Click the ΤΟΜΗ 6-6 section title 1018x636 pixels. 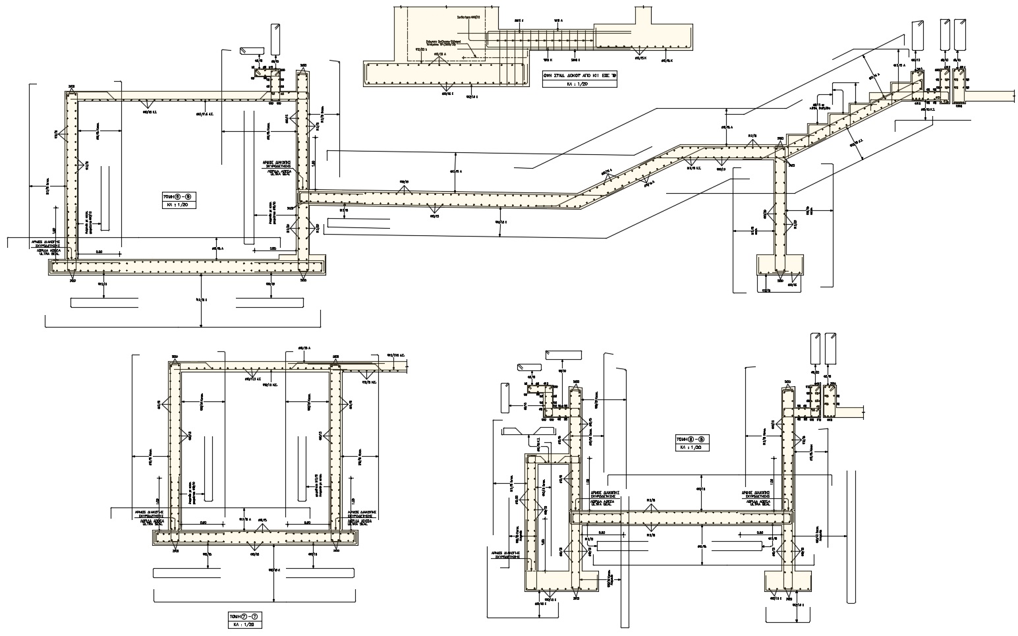178,196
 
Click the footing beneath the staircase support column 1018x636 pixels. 778,265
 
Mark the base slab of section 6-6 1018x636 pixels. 188,267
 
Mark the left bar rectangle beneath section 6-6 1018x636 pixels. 103,303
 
